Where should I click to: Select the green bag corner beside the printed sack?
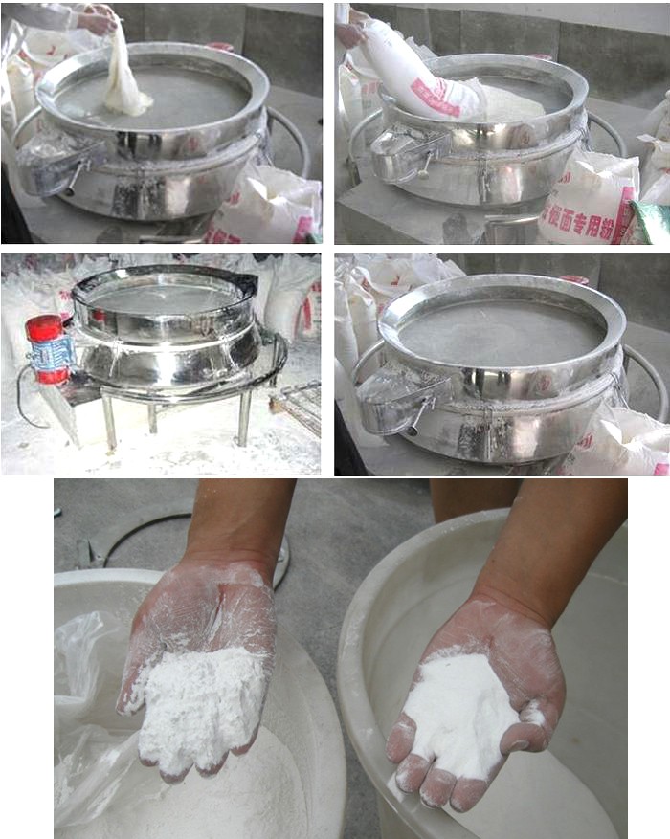coord(652,223)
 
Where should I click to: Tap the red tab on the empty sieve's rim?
coord(574,279)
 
